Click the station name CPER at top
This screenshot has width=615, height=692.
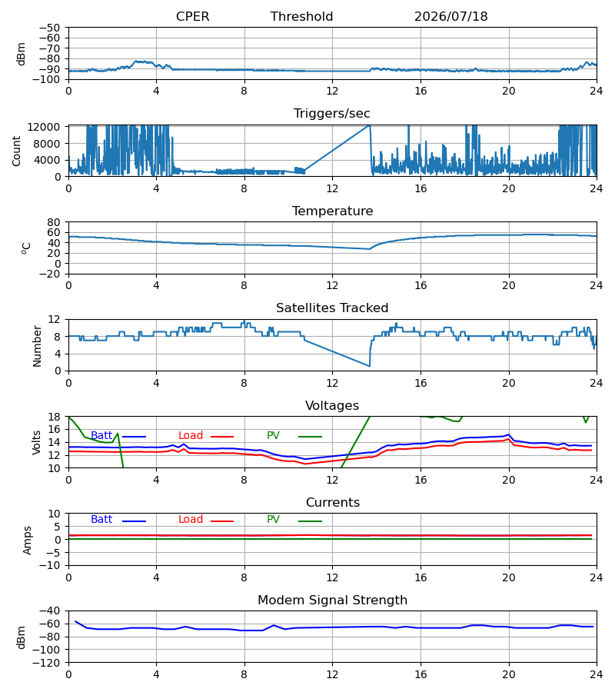[192, 16]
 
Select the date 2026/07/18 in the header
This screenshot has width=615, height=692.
[451, 16]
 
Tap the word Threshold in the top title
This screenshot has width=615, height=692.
[301, 16]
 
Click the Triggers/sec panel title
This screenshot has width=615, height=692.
[332, 114]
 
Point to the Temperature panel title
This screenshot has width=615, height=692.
[332, 211]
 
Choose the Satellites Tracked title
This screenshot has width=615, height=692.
[332, 308]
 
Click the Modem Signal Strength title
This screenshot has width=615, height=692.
[332, 601]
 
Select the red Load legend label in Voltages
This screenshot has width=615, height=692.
[191, 436]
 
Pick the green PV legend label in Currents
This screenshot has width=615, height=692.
[273, 520]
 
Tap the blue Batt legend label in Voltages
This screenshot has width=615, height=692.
[101, 436]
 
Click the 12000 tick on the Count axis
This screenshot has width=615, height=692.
[44, 127]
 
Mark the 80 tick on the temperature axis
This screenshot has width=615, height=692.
[54, 222]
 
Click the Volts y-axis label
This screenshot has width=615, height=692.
[36, 443]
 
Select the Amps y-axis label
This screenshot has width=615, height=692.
[27, 541]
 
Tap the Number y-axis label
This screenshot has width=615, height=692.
[37, 347]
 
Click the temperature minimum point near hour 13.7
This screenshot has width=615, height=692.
[369, 249]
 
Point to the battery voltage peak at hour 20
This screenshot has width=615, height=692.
[509, 434]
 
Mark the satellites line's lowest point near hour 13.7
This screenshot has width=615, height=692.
[369, 366]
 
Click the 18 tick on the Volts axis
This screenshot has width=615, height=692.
[54, 417]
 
